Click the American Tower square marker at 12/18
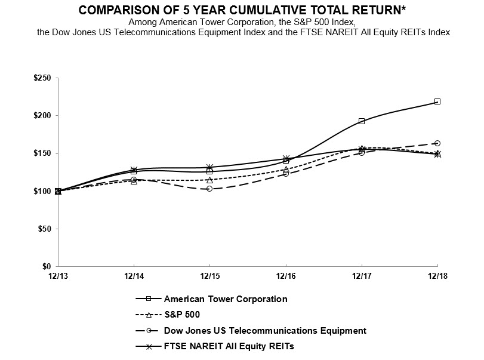(437, 101)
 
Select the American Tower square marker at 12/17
(362, 121)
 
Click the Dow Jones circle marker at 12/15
(209, 189)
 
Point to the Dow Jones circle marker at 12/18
(437, 143)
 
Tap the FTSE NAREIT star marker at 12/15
(209, 167)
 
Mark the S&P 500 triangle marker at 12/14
(134, 181)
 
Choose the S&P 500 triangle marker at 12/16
(286, 169)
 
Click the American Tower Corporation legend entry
(226, 299)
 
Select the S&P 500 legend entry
(181, 314)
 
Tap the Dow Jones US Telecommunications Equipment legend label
(265, 330)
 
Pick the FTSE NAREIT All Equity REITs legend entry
(229, 346)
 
